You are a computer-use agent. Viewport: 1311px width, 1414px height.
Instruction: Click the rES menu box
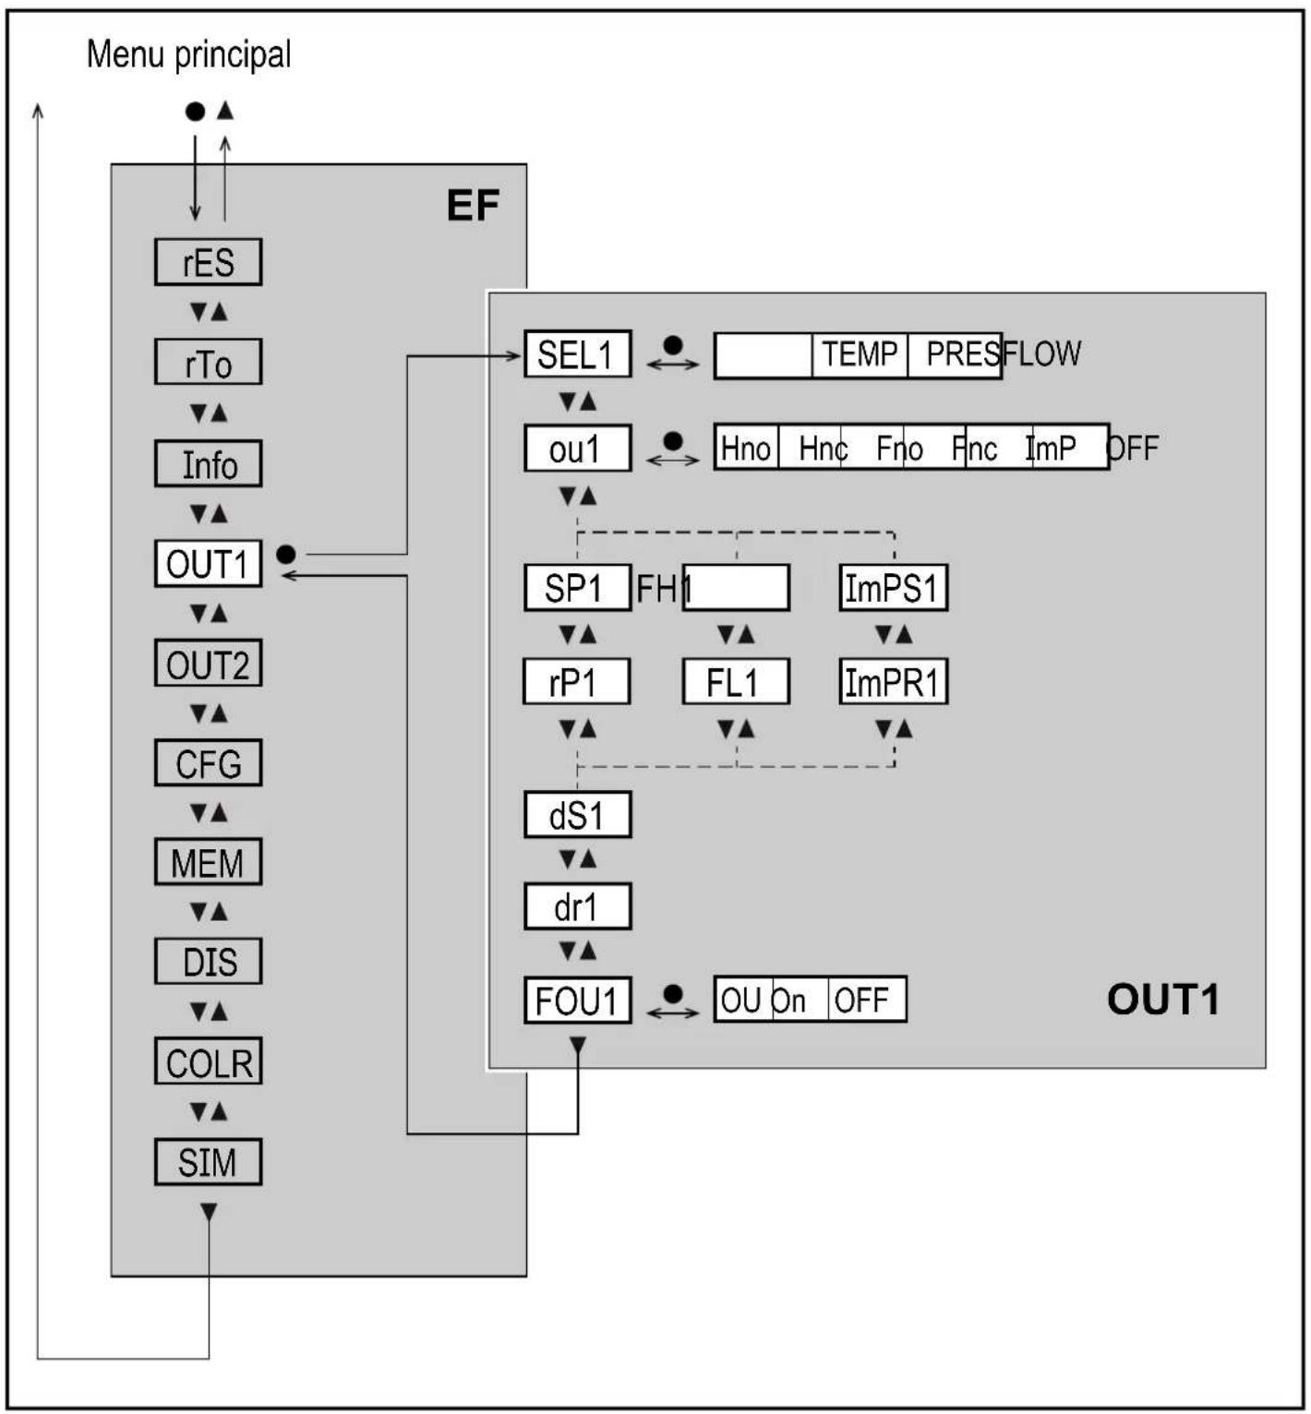tap(208, 262)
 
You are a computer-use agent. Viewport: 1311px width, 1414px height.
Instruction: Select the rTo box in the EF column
tap(208, 363)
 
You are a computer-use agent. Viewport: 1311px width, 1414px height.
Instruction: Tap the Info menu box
tap(208, 464)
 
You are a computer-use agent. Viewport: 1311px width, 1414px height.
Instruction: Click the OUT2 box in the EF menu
tap(208, 664)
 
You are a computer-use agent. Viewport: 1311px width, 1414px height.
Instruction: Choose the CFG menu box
tap(208, 763)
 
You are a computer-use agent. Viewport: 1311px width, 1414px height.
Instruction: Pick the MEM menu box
tap(208, 863)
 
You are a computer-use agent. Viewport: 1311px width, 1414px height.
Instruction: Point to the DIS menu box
tap(208, 962)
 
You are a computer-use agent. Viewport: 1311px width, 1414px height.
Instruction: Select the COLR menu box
tap(208, 1062)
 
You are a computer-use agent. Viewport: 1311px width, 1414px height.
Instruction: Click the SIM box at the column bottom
tap(208, 1162)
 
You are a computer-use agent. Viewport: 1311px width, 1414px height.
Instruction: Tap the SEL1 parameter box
tap(577, 354)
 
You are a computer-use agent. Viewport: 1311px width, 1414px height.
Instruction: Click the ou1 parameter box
tap(577, 449)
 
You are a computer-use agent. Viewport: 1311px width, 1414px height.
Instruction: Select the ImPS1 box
tap(893, 588)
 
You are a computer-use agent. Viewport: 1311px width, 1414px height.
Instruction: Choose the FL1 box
tap(735, 683)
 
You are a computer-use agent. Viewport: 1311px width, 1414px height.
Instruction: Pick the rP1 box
tap(576, 683)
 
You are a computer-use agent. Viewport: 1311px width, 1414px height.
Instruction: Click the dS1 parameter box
tap(577, 815)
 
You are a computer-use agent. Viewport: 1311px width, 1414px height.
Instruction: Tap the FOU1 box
tap(577, 1001)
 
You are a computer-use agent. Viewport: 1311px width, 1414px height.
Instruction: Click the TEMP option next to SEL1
tap(860, 354)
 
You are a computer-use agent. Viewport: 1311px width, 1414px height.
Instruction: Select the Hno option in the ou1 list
tap(746, 449)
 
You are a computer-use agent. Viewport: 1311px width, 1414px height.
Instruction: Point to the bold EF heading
tap(473, 205)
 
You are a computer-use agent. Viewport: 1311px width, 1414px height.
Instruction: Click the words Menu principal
tap(188, 54)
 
